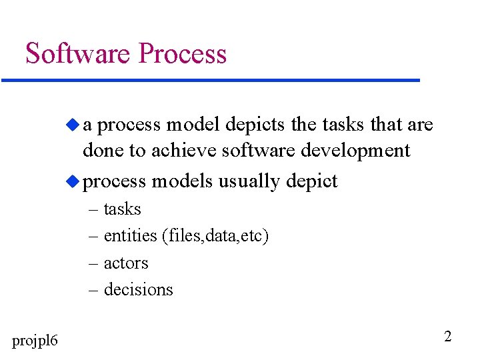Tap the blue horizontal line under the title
click(x=211, y=81)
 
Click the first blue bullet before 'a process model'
click(x=73, y=124)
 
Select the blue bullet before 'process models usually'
click(x=73, y=181)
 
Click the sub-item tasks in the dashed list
click(x=122, y=209)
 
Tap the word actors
click(x=126, y=263)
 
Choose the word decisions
click(x=138, y=290)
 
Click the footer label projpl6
click(x=35, y=341)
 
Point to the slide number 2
click(x=447, y=336)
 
